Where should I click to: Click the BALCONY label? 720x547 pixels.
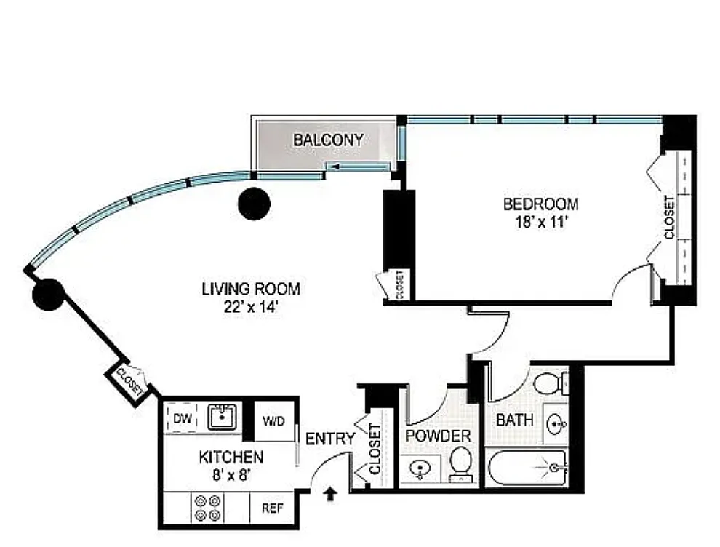pos(327,140)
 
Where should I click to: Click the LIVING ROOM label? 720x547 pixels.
pos(251,289)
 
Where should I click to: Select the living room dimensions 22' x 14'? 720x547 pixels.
pos(251,306)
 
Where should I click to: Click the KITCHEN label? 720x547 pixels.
pos(231,458)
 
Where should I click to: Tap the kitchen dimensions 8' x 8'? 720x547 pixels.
pos(231,476)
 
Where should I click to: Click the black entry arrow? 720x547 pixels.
pos(331,494)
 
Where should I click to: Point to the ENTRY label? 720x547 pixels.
pos(329,439)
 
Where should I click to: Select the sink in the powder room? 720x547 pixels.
pos(420,470)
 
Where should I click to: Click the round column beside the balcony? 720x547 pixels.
pos(254,204)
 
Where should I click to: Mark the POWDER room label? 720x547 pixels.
pos(439,436)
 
